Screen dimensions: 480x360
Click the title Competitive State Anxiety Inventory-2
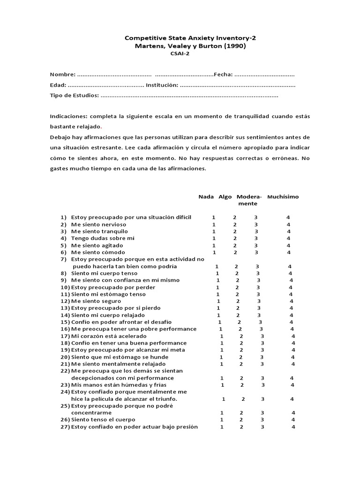click(x=190, y=37)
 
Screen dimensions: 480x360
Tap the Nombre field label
click(x=62, y=75)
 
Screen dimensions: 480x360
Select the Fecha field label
click(x=223, y=75)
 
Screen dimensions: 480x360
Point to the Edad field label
click(x=58, y=85)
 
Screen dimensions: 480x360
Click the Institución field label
click(x=162, y=85)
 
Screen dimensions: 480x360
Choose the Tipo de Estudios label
click(x=74, y=96)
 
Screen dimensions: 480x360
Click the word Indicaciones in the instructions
click(x=68, y=116)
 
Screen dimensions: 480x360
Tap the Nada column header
click(x=206, y=197)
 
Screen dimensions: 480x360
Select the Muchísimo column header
click(x=283, y=197)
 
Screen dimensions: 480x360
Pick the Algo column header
click(x=225, y=197)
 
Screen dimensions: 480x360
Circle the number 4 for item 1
click(x=288, y=217)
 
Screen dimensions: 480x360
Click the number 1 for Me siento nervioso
click(x=214, y=225)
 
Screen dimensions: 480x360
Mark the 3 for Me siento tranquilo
click(x=256, y=232)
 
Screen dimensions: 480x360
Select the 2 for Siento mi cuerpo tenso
click(x=237, y=273)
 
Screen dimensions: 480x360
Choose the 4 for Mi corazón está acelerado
click(x=293, y=336)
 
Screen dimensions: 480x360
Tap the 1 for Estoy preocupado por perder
click(x=218, y=287)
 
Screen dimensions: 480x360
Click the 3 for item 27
click(x=262, y=427)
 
